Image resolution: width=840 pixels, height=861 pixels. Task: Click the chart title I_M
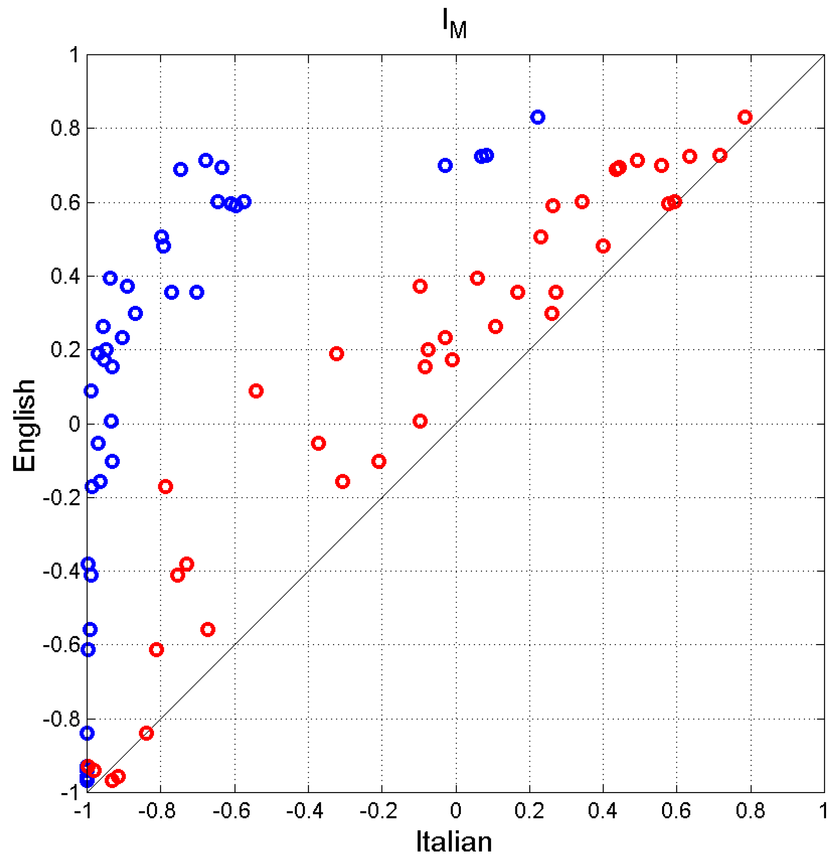tap(454, 26)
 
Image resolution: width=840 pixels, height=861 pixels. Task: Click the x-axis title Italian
tap(454, 842)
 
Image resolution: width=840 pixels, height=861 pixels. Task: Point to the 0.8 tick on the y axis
tap(65, 128)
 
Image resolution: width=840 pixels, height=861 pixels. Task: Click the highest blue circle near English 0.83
tap(537, 117)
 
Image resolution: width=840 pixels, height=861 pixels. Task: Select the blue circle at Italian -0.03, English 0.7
tap(445, 166)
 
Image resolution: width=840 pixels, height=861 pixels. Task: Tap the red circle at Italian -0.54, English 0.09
tap(256, 391)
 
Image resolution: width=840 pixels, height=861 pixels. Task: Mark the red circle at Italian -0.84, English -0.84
tap(146, 733)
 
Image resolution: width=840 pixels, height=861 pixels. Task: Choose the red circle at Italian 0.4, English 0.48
tap(603, 246)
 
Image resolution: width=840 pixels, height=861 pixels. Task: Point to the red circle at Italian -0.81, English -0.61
tap(156, 650)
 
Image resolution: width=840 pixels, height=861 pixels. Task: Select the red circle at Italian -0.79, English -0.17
tap(165, 487)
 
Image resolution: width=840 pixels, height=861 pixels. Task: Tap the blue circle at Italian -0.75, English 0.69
tap(180, 169)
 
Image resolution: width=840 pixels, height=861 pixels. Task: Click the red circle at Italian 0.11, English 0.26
tap(496, 327)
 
